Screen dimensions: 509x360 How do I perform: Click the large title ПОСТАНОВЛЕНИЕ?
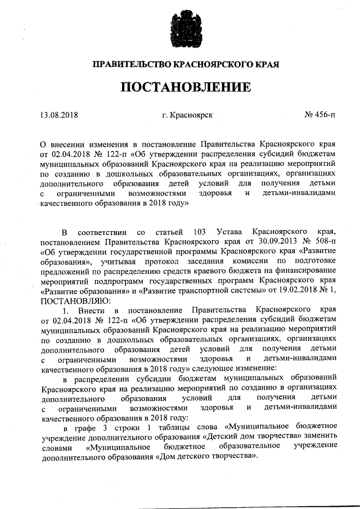(x=179, y=88)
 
